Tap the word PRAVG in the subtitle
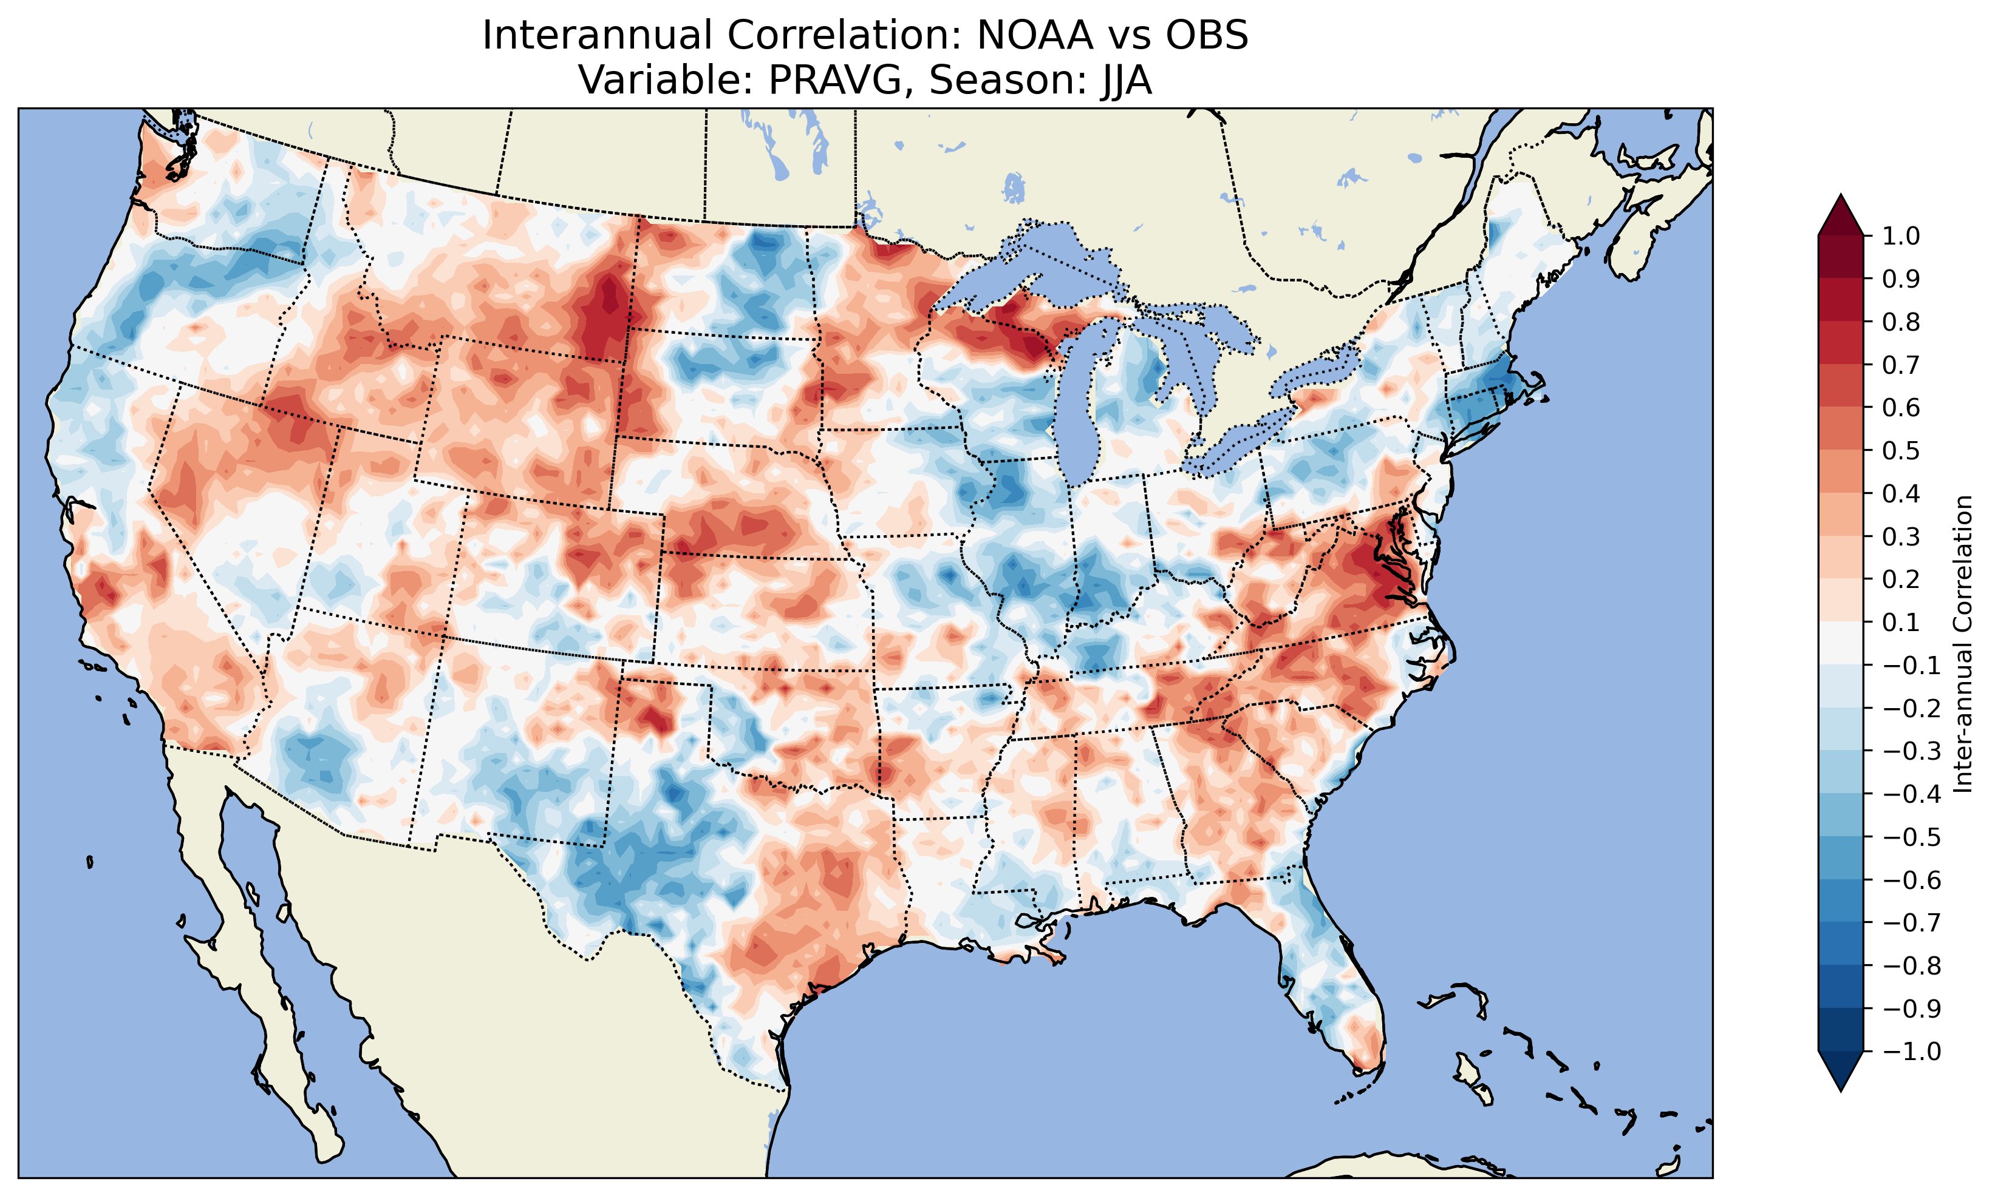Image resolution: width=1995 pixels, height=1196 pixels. [x=841, y=79]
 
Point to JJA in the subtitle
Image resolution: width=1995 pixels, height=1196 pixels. [x=1122, y=79]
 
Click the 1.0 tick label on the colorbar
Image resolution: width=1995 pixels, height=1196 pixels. [x=1901, y=236]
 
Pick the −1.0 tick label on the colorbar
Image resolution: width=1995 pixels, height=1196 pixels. [x=1911, y=1052]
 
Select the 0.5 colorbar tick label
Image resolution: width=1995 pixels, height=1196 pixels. [x=1901, y=450]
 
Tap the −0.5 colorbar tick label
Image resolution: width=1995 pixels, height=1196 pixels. [x=1911, y=837]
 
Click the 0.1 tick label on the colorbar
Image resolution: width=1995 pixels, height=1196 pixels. [x=1901, y=622]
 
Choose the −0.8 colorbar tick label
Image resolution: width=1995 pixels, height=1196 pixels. [x=1911, y=965]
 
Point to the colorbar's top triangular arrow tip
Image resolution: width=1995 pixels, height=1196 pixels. [x=1840, y=196]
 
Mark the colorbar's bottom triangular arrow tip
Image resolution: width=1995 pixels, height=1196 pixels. [x=1840, y=1090]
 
